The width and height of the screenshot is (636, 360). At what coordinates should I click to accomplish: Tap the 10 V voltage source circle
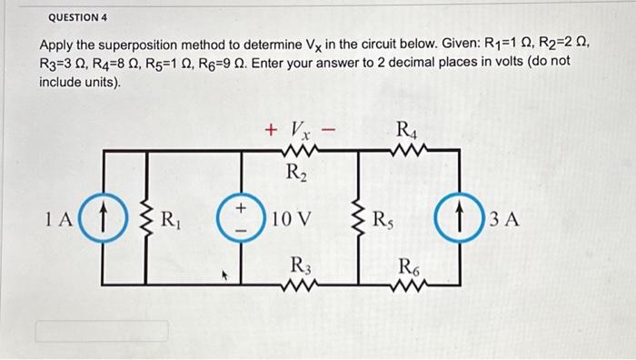click(x=242, y=220)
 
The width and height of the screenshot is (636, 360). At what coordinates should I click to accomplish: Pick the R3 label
click(x=298, y=265)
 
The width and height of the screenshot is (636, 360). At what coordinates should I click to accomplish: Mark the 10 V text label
click(x=293, y=220)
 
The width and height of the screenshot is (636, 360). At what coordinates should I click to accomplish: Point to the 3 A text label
click(x=504, y=220)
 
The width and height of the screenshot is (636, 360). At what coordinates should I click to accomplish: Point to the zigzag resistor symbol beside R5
click(x=363, y=220)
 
